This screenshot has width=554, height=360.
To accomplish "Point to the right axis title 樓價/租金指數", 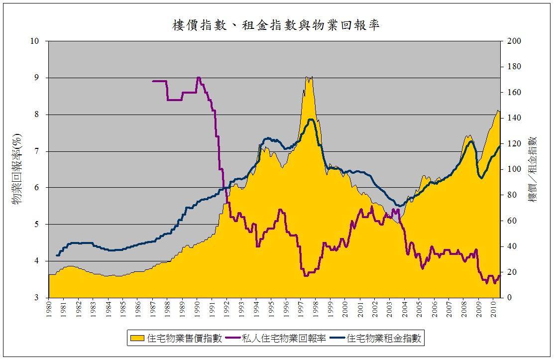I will [534, 169].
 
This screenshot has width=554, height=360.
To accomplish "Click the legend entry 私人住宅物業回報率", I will [284, 339].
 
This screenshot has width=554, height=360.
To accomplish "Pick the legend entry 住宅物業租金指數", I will [385, 339].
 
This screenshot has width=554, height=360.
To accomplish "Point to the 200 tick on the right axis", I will [513, 41].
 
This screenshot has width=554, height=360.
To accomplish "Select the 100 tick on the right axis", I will [513, 169].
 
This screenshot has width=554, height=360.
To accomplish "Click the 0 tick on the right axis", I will [510, 298].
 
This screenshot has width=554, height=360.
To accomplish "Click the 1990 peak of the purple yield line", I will [198, 78].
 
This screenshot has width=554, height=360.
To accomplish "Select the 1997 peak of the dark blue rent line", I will [311, 120].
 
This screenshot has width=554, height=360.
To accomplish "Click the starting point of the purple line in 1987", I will [153, 81].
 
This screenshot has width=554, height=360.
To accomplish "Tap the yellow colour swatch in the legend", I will [138, 339].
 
